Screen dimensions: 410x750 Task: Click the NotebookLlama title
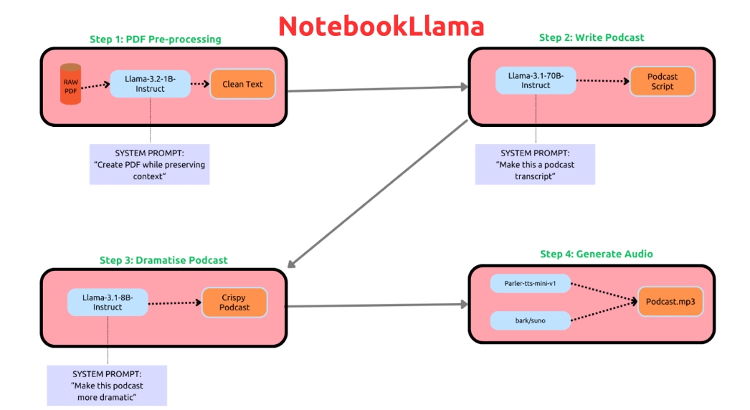coord(381,26)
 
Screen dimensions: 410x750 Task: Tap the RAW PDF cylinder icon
coord(70,84)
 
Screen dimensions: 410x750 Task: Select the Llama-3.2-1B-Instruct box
coord(150,83)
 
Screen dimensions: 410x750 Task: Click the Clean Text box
coord(242,84)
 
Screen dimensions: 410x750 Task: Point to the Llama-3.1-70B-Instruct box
coord(536,80)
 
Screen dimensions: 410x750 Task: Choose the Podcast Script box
coord(662,81)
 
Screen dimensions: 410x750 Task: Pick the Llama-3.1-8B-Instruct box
coord(108,302)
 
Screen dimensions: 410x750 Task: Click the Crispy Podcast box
coord(234,302)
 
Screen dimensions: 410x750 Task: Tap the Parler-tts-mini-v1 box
coord(531,284)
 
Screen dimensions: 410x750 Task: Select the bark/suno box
coord(531,320)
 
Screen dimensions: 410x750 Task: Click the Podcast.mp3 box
coord(670,302)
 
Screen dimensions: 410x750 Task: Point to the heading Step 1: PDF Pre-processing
coord(156,39)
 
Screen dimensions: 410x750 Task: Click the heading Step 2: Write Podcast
coord(592,37)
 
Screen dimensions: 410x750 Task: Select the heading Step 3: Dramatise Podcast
coord(163,260)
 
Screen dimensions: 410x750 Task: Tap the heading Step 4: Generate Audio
coord(597,254)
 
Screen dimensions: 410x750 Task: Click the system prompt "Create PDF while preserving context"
coord(149,164)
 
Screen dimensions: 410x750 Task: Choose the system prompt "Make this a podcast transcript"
coord(535,164)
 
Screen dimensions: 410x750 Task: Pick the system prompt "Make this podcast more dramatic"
coord(107,386)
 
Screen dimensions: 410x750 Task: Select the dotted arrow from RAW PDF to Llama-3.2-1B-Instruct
coord(94,87)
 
